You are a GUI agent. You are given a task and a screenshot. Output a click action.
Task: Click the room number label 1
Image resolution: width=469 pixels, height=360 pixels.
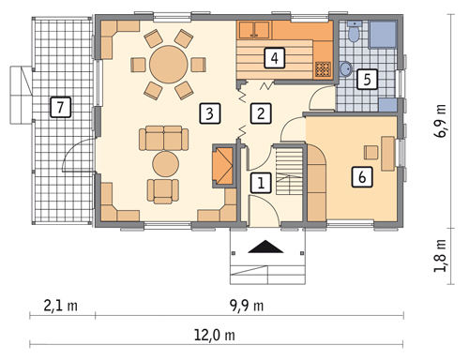click(261, 183)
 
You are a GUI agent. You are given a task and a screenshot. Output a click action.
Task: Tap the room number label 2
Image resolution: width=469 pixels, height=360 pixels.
click(261, 113)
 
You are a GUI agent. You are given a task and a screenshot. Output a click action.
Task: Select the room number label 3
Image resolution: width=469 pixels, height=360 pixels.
click(210, 113)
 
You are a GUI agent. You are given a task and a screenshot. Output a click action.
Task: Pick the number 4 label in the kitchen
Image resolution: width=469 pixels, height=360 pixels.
click(275, 58)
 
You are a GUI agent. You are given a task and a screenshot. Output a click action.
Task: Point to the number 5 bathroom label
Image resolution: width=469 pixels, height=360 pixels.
click(367, 79)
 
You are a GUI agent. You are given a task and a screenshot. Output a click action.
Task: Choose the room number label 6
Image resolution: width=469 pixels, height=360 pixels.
click(362, 177)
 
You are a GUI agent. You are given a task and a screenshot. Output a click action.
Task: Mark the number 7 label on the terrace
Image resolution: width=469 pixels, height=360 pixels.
click(60, 107)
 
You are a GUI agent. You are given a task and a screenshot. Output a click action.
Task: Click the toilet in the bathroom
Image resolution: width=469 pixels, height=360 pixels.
click(355, 32)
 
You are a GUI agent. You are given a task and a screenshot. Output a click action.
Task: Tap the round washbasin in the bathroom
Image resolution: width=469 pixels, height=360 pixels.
click(345, 68)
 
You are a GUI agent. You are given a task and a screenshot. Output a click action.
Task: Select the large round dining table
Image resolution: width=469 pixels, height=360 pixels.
click(169, 65)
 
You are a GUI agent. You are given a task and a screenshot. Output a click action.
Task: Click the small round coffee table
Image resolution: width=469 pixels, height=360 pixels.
click(165, 164)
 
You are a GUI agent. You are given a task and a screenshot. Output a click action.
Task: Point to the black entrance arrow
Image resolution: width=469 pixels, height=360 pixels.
click(265, 247)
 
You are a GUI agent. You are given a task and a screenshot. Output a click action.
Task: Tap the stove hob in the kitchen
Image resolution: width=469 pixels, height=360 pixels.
click(323, 69)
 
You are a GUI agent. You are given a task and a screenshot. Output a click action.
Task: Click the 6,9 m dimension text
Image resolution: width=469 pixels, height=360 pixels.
click(441, 121)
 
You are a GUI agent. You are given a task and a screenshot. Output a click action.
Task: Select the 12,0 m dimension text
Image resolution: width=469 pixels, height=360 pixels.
click(214, 336)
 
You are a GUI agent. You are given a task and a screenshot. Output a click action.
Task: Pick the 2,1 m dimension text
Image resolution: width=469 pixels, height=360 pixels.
click(60, 306)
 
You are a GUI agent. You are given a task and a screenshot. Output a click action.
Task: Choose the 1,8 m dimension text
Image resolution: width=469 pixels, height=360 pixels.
click(441, 256)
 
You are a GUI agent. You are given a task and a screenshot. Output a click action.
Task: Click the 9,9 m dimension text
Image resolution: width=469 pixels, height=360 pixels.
click(246, 306)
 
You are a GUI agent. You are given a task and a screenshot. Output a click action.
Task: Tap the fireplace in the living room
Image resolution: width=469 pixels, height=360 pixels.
click(224, 166)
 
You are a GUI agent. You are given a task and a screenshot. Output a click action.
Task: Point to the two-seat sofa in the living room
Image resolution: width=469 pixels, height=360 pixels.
click(163, 138)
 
